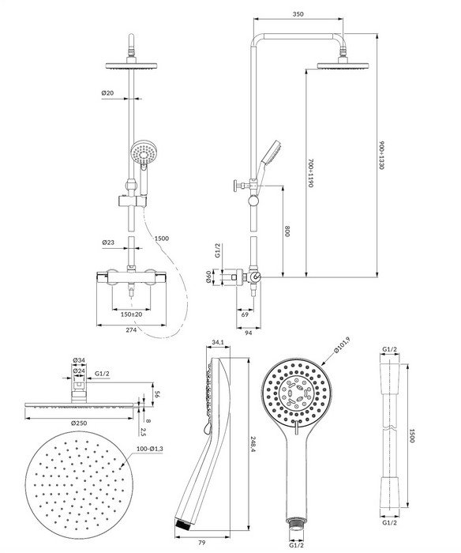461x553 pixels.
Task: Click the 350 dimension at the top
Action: click(x=298, y=14)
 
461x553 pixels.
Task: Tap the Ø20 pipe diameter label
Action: click(x=107, y=93)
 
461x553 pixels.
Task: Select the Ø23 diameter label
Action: click(x=108, y=243)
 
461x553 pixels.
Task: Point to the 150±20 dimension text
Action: click(x=131, y=314)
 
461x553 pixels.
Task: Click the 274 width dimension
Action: click(x=131, y=329)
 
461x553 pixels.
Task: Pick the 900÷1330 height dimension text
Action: click(x=381, y=155)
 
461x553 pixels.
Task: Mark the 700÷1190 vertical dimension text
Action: click(x=310, y=173)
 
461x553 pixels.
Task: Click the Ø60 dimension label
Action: click(x=208, y=276)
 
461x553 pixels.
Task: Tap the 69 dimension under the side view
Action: click(x=245, y=314)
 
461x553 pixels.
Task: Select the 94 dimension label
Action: click(x=249, y=333)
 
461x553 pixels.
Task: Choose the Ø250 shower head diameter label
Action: click(x=79, y=423)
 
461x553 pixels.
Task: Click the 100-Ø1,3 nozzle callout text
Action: click(x=150, y=449)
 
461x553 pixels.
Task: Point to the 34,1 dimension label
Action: click(x=218, y=342)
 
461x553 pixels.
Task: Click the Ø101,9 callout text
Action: click(x=342, y=346)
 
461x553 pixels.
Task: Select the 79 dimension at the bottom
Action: click(x=201, y=543)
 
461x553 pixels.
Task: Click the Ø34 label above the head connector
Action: click(x=79, y=360)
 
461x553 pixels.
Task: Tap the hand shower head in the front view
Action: click(x=143, y=152)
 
